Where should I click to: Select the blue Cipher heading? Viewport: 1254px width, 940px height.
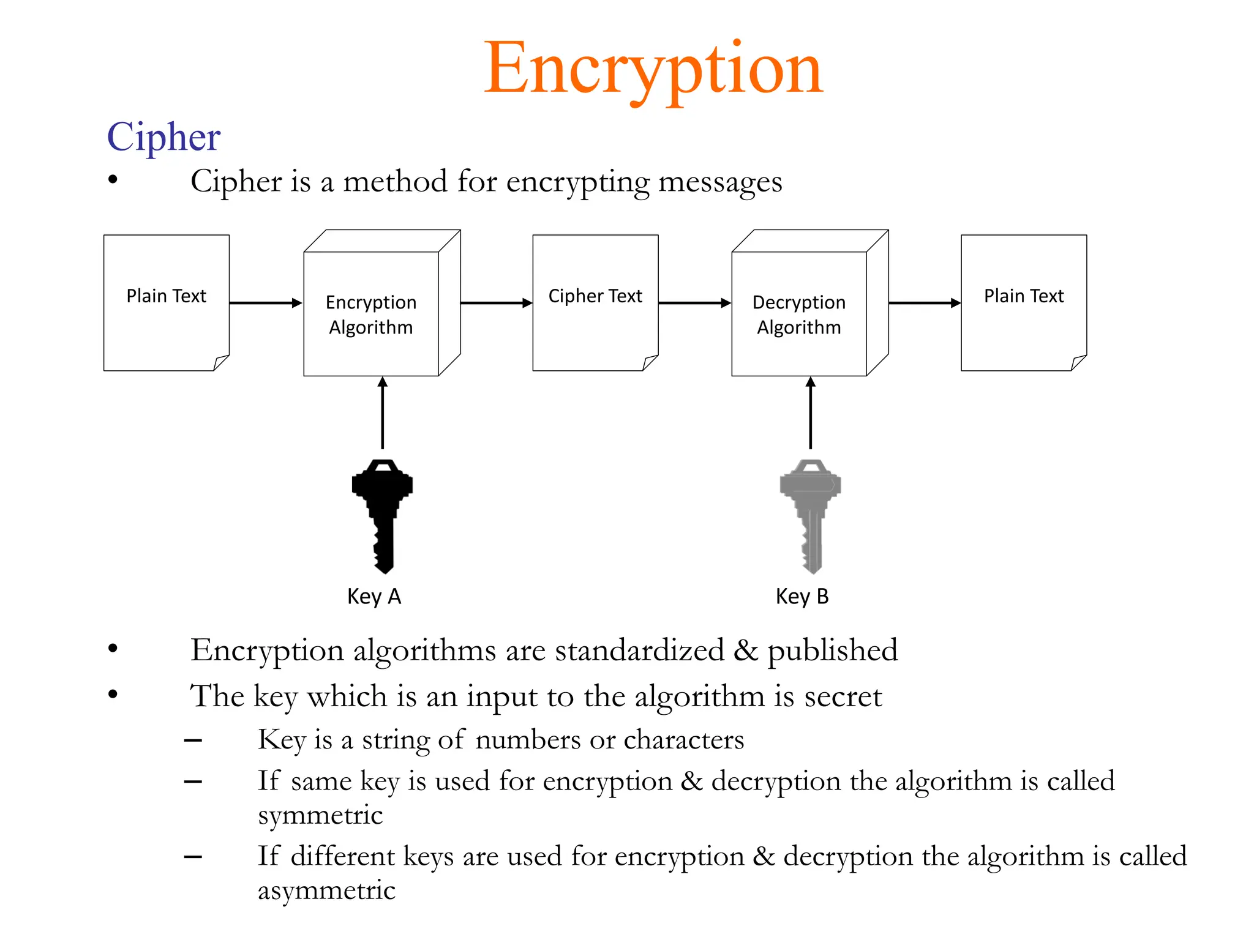click(x=163, y=136)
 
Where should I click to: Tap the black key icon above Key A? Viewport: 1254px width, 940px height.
click(x=383, y=514)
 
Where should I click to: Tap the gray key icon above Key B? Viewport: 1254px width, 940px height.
click(x=811, y=514)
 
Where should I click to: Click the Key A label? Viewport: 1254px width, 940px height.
click(x=374, y=596)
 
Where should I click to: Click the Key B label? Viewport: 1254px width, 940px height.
click(x=802, y=596)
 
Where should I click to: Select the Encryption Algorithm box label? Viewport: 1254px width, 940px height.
click(x=371, y=315)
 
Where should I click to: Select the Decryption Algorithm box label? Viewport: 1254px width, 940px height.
click(x=799, y=315)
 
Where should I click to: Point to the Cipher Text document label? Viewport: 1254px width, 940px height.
click(x=595, y=296)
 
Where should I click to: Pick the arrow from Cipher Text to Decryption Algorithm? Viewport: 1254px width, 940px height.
click(x=694, y=303)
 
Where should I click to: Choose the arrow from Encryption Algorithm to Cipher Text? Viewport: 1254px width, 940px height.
click(x=496, y=303)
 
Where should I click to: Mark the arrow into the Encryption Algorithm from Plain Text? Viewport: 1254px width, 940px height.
click(x=266, y=303)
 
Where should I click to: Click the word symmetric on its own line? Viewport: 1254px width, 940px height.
click(x=320, y=815)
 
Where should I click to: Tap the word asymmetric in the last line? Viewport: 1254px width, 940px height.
click(x=326, y=890)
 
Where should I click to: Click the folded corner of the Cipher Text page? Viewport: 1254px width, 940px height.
click(x=650, y=363)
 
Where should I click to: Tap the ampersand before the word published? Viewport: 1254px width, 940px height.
click(x=745, y=650)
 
